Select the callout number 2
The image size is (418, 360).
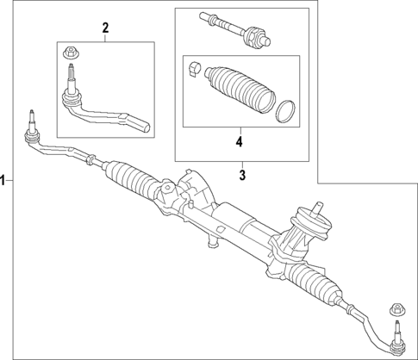[105, 28]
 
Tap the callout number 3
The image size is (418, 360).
[242, 175]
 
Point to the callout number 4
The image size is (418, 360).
[239, 140]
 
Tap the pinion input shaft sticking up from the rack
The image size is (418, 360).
[318, 206]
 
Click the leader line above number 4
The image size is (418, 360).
[239, 129]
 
